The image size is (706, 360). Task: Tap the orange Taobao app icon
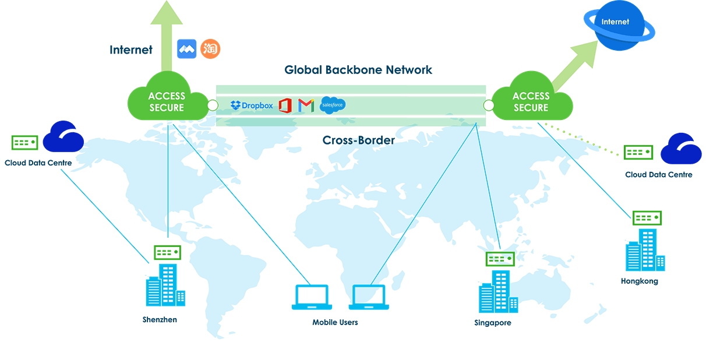coord(210,49)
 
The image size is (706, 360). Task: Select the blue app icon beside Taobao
coord(187,49)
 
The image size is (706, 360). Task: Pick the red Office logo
coord(285,105)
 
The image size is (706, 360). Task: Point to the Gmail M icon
coord(306,105)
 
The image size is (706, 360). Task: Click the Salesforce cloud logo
coord(333,105)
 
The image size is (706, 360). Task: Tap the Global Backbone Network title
coord(358,70)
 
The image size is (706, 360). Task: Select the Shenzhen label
coord(160,320)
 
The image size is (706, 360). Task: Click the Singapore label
coord(492,323)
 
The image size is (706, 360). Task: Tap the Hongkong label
coord(640,281)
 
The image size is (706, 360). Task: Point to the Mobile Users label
coord(335,322)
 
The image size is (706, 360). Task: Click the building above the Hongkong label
coord(644,250)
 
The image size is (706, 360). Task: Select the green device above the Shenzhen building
coord(167,252)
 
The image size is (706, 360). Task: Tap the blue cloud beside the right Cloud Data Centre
coord(681,150)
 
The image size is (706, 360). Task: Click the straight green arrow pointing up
coord(167,35)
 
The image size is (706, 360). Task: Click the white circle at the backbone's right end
coord(489,105)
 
